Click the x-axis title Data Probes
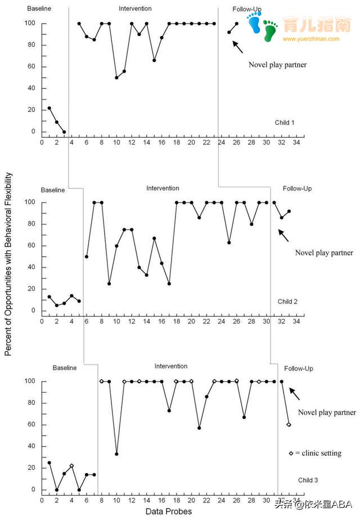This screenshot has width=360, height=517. (x=169, y=511)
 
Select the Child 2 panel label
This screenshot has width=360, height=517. (x=287, y=302)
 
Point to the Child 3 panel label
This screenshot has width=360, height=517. (x=308, y=480)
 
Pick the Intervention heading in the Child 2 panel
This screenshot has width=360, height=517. (x=163, y=188)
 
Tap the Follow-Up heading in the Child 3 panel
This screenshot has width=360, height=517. (x=298, y=368)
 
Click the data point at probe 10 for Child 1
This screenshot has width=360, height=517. (x=116, y=78)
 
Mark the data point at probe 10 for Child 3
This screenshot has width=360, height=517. (x=116, y=454)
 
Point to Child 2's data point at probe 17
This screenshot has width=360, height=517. (x=169, y=284)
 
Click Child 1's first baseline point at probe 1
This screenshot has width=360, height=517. (x=49, y=108)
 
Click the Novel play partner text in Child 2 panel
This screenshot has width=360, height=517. (x=324, y=253)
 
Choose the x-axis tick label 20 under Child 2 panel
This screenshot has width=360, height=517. (x=191, y=321)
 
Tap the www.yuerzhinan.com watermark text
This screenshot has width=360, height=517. (x=311, y=39)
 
